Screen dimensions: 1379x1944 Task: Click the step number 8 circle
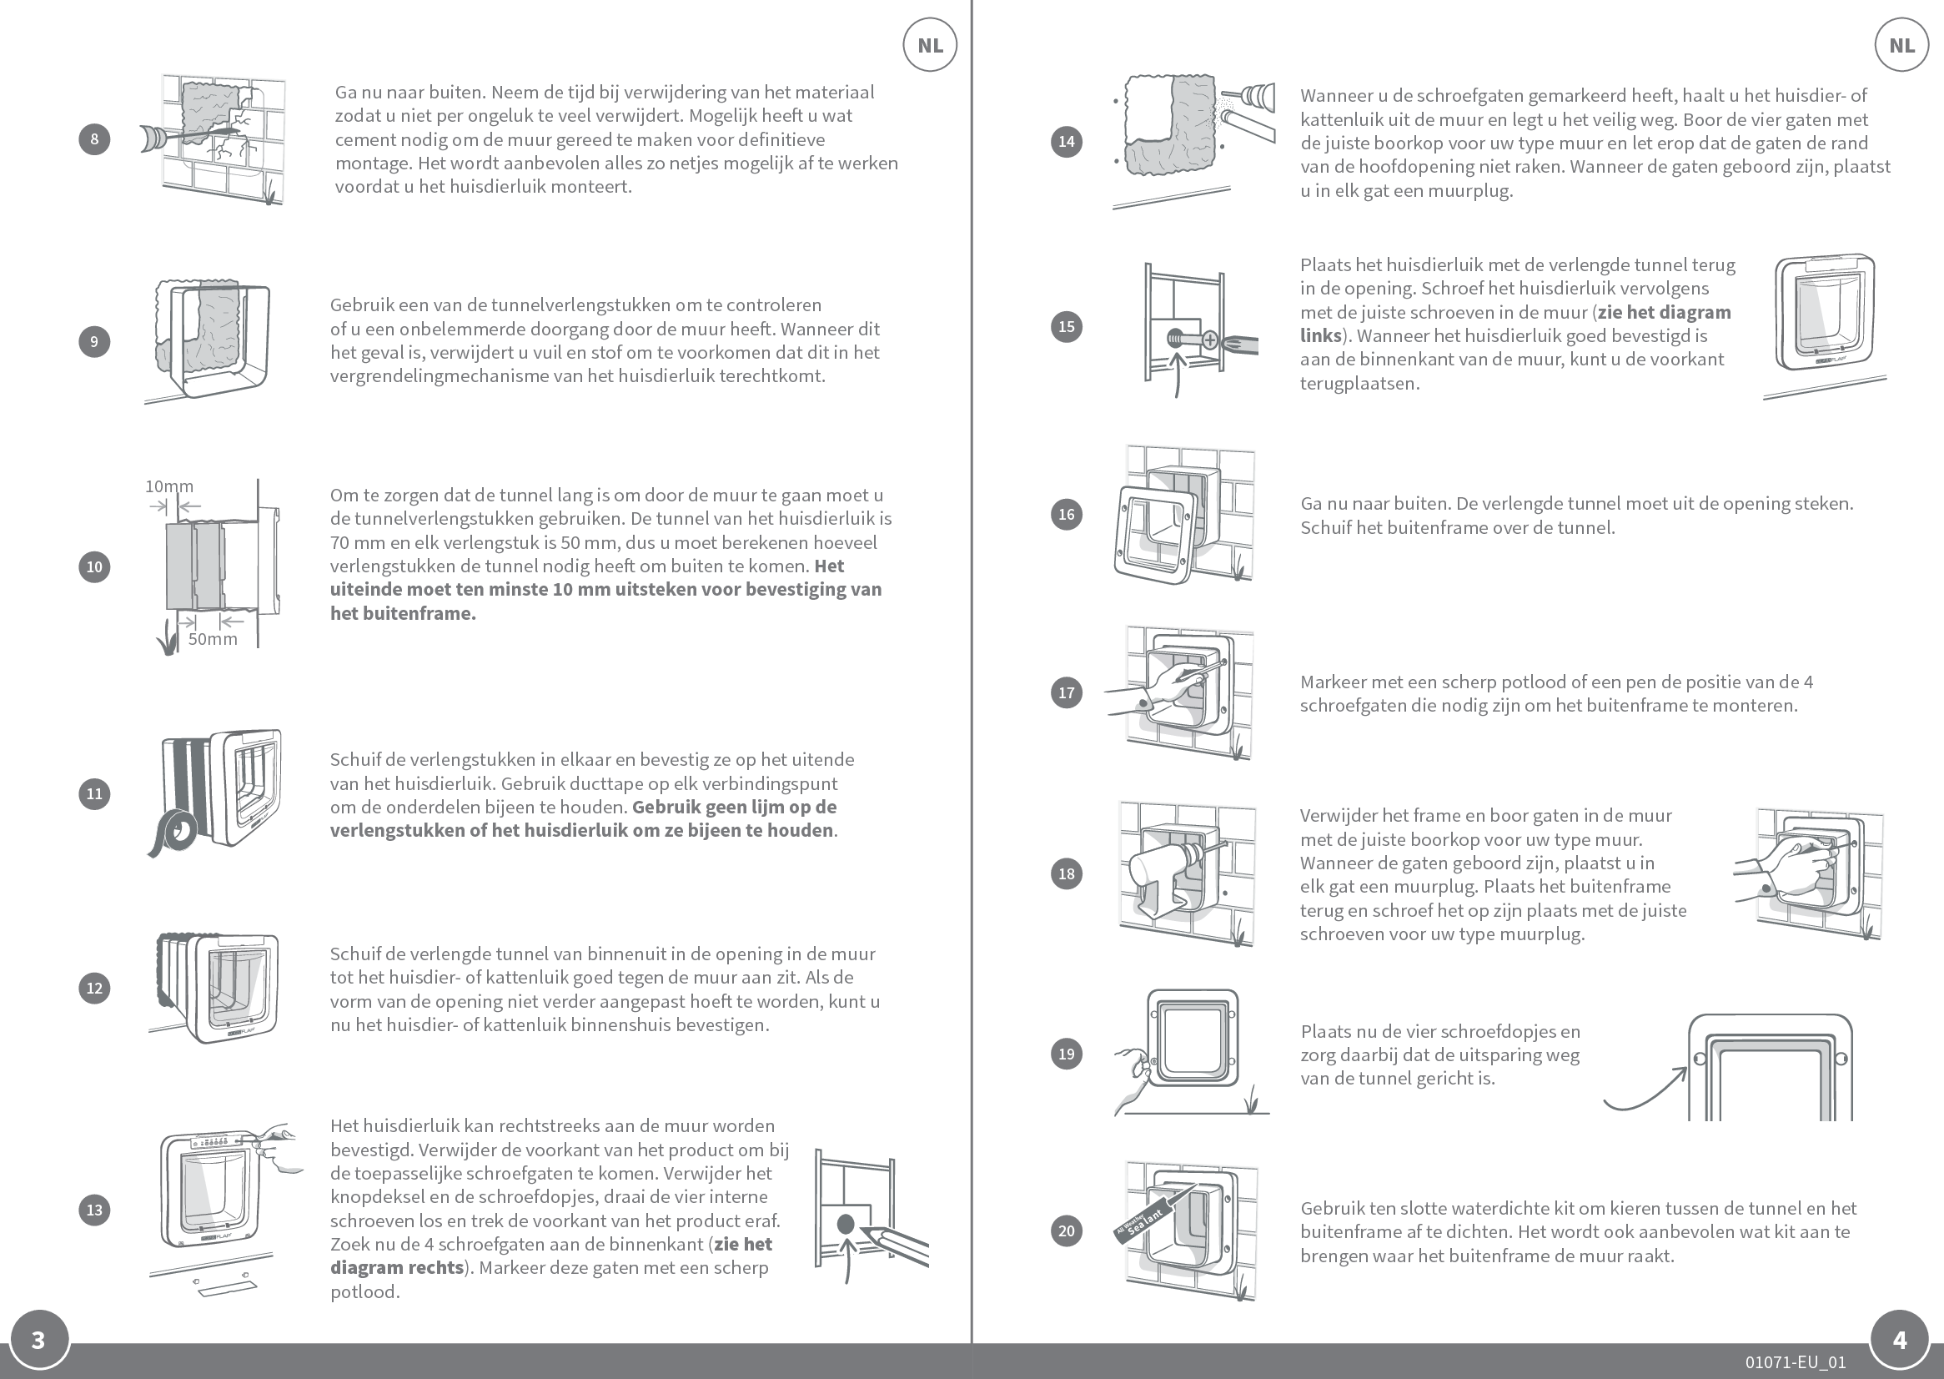(94, 139)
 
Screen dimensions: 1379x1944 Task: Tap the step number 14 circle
(1066, 141)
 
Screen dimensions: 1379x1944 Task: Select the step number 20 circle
(1066, 1231)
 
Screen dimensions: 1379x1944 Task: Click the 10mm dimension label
(169, 486)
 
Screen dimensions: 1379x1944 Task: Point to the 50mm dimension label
(212, 639)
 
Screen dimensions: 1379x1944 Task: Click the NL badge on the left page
(930, 45)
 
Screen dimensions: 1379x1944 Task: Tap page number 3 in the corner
(38, 1340)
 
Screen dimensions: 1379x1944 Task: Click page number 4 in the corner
(1900, 1340)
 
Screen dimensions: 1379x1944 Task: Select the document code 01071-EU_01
(1796, 1362)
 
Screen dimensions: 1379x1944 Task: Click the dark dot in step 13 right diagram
(846, 1224)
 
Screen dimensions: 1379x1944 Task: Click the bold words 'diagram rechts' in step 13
(397, 1268)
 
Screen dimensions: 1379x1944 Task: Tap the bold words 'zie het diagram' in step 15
(1664, 313)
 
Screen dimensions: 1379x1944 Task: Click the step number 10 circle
(94, 566)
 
